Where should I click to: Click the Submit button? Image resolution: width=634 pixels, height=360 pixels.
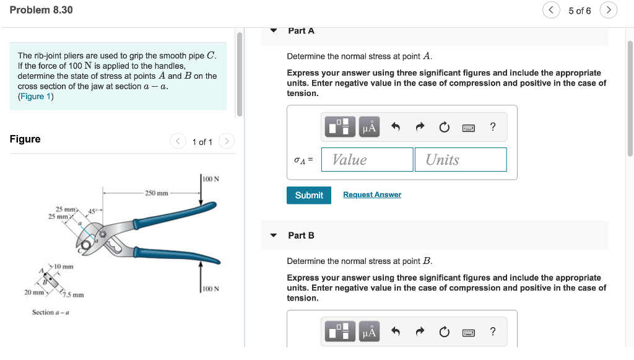pos(309,195)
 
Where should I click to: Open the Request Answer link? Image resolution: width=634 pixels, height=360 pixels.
pos(372,195)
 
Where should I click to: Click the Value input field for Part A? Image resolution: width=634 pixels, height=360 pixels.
pos(367,159)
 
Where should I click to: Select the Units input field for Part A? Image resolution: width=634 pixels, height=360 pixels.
pos(461,159)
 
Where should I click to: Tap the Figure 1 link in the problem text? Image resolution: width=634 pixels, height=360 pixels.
pos(35,96)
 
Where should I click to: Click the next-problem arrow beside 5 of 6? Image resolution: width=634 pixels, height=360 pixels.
pos(609,10)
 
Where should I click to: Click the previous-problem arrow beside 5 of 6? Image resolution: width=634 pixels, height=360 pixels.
pos(551,10)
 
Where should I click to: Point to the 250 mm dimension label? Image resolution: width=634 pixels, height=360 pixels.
pos(157,193)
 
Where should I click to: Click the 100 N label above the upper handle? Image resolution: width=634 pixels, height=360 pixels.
pos(211,179)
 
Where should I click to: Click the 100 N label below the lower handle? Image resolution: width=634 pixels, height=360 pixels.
pos(211,289)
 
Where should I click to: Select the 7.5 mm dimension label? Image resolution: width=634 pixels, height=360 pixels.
pos(73,295)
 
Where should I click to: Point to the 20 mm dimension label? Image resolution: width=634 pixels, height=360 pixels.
pos(34,292)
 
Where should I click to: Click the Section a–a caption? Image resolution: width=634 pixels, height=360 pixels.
pos(51,312)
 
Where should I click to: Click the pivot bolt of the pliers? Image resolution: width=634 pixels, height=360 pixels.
pos(103,234)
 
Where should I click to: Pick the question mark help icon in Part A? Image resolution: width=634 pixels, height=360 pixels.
pos(492,127)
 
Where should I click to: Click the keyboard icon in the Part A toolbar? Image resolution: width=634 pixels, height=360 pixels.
pos(469,128)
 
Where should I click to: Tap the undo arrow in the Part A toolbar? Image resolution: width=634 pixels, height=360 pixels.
pos(396,127)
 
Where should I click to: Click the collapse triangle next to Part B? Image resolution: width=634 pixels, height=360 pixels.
pos(274,235)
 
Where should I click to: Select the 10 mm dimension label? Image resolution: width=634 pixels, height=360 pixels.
pos(64,266)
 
